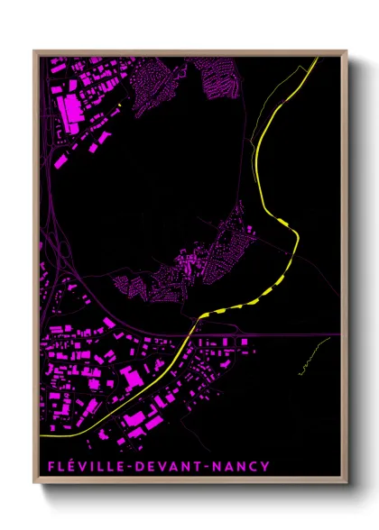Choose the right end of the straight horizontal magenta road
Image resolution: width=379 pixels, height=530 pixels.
click(339, 334)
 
